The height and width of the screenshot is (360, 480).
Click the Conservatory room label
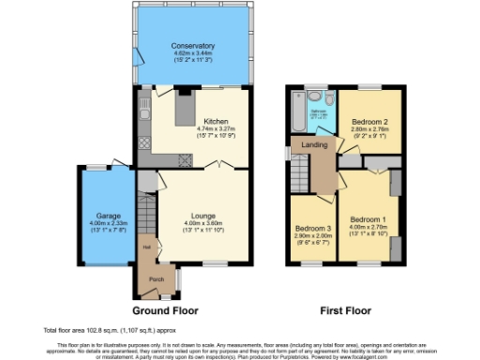(x=193, y=46)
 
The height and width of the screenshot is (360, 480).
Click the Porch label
(x=150, y=277)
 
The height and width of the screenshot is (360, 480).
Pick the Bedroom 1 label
(x=367, y=218)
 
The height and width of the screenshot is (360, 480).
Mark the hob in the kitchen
(x=144, y=143)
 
